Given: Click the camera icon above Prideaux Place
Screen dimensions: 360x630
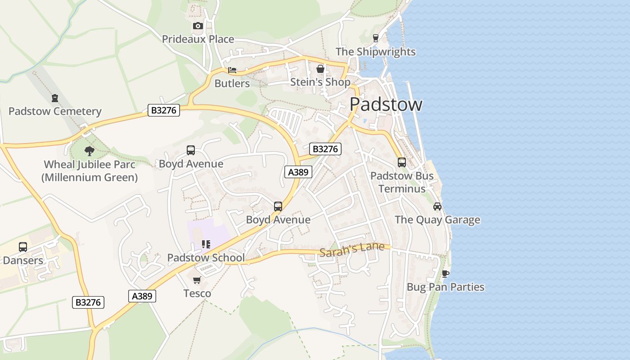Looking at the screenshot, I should [198, 26].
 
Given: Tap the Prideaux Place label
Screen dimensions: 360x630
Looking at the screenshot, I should [198, 39].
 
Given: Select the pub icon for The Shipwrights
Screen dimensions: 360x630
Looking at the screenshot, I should [376, 38].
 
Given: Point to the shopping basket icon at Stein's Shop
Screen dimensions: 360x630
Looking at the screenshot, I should [320, 69].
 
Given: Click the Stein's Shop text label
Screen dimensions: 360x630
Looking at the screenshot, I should [320, 82].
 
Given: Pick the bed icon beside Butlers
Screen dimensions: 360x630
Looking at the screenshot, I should [232, 70].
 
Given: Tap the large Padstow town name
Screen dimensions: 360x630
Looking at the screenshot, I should [386, 104].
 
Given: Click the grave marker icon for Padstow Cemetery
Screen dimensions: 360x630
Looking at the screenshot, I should [55, 98].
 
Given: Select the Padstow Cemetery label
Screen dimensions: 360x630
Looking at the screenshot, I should [55, 111].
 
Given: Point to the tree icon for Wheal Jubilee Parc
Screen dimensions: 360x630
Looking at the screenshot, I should [90, 151].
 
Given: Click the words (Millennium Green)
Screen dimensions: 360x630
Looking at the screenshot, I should [90, 177].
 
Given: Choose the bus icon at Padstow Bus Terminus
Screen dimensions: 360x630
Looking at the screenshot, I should [402, 162].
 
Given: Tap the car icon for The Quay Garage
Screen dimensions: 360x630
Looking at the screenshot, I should [437, 207].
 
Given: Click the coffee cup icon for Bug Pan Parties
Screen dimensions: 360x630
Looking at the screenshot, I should [445, 274].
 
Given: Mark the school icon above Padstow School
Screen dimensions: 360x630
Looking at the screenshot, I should [206, 244].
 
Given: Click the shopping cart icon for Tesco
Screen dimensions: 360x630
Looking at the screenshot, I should [197, 280].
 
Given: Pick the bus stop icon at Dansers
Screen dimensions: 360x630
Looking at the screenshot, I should [23, 247].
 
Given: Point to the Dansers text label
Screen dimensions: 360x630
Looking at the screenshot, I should [23, 260].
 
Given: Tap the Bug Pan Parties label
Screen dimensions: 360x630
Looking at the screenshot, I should [445, 287].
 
